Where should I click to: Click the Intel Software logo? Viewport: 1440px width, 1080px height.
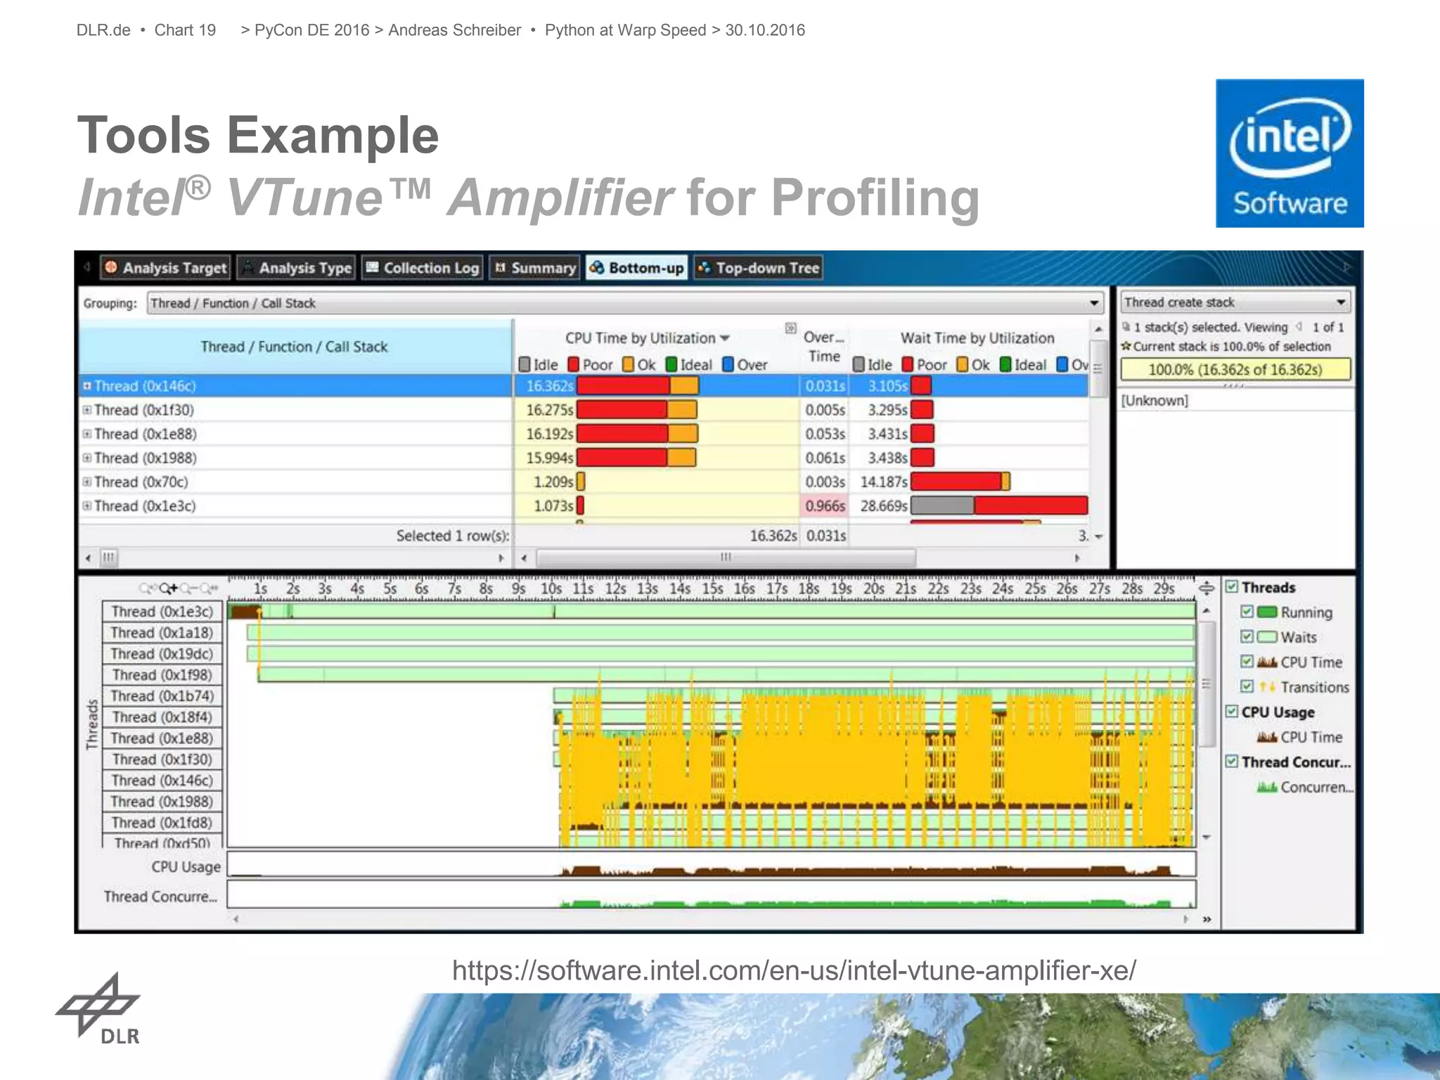coord(1290,153)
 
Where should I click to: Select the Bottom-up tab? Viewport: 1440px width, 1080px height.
coord(637,268)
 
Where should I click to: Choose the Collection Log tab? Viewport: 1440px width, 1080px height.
coord(422,268)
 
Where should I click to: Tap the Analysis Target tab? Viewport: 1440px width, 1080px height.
coord(166,268)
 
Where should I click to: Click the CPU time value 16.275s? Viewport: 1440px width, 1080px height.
coord(549,410)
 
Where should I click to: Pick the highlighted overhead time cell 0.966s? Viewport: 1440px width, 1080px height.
coord(825,506)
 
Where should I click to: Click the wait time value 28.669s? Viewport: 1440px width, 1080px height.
coord(883,506)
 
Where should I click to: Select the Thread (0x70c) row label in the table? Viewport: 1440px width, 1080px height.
coord(141,482)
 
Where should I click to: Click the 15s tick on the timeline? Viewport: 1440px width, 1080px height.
coord(712,589)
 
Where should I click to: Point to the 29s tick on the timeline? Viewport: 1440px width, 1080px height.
coord(1164,589)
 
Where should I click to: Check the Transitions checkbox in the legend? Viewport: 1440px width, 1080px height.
coord(1247,686)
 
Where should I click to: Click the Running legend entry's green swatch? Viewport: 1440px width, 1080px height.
coord(1267,612)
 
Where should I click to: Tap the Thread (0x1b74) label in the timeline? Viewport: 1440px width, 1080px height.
coord(162,696)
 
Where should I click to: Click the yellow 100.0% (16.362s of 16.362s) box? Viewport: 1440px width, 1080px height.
coord(1235,370)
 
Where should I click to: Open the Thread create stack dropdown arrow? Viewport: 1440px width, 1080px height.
coord(1341,302)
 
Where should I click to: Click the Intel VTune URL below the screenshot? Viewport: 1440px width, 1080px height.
coord(794,970)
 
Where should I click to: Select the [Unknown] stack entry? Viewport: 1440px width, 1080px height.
coord(1155,401)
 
